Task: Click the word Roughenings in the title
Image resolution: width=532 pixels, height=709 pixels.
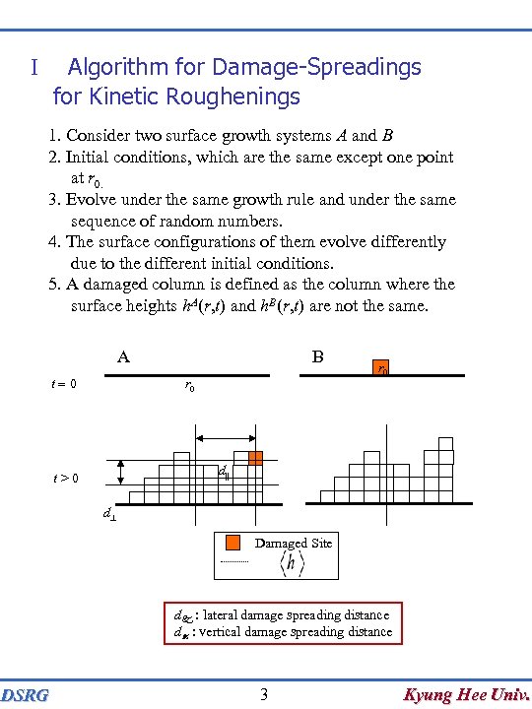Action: [239, 97]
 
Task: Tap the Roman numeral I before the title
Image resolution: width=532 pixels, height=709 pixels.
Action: [33, 68]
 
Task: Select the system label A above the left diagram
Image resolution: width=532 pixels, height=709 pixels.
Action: [123, 357]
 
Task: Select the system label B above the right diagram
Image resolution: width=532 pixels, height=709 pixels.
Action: [317, 356]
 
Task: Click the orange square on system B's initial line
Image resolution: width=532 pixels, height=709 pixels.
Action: [381, 366]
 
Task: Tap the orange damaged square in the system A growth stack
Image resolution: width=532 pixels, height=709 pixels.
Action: [255, 458]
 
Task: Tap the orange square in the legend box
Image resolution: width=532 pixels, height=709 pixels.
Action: [233, 543]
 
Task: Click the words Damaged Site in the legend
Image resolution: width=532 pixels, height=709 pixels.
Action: [293, 543]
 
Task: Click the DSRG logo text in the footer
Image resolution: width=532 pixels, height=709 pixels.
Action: [26, 696]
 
